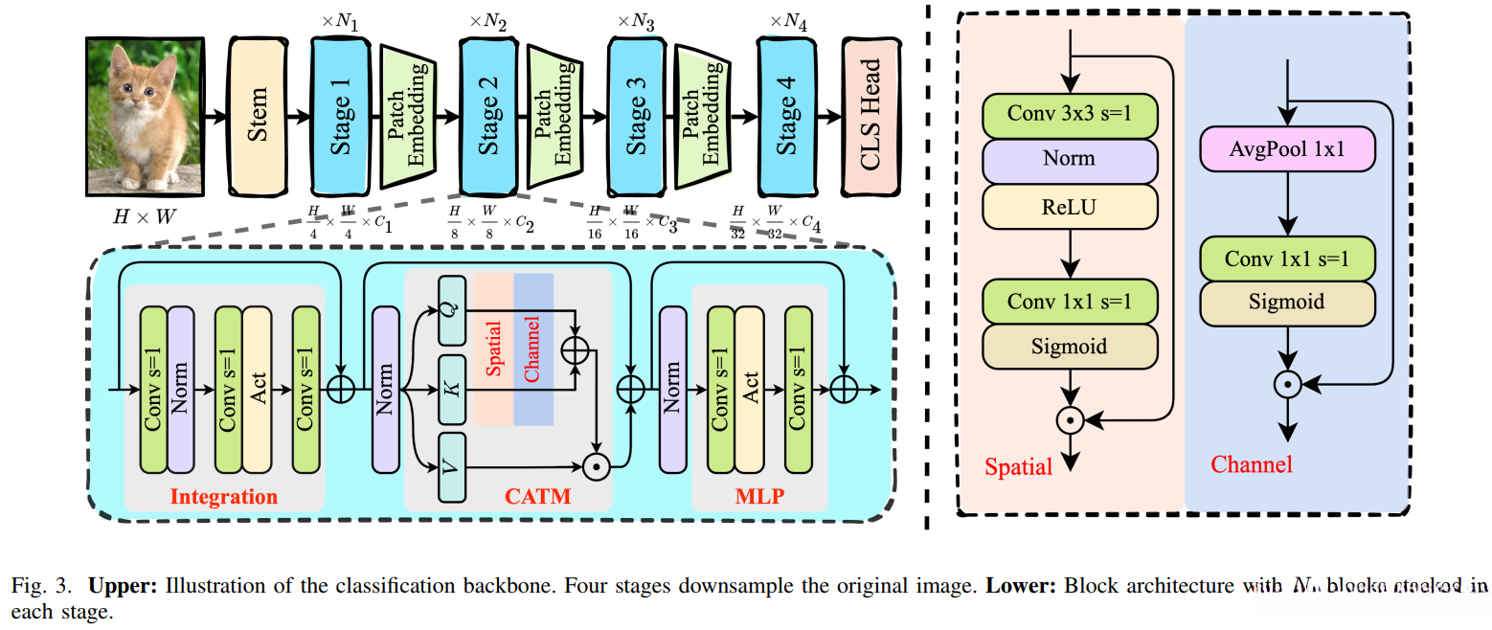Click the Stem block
(x=257, y=116)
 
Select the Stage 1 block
(x=339, y=116)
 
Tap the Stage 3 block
(x=636, y=116)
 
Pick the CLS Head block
(x=870, y=116)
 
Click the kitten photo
(x=145, y=116)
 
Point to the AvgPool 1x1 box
(x=1288, y=149)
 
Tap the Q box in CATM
(x=451, y=310)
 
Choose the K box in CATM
(x=451, y=389)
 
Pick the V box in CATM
(x=451, y=467)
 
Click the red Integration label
(x=223, y=497)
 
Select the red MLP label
(x=758, y=497)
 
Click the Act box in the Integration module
(x=257, y=390)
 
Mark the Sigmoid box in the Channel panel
(x=1288, y=302)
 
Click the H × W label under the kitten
(x=144, y=217)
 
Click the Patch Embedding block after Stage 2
(x=554, y=116)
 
